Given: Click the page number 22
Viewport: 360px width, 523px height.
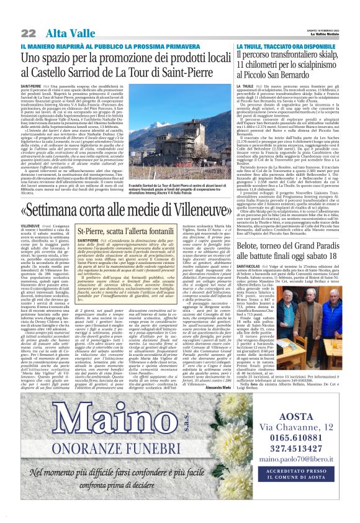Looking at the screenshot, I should pyautogui.click(x=27, y=33).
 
